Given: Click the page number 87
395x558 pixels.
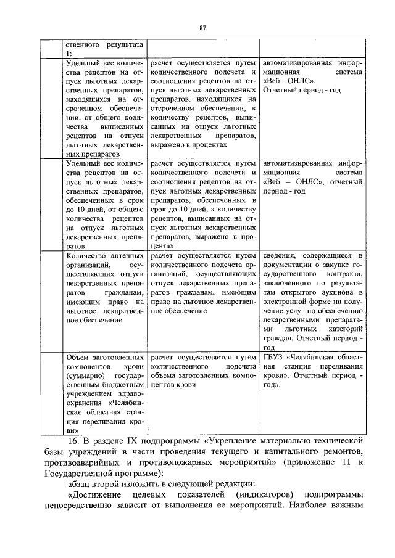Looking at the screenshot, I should [202, 27].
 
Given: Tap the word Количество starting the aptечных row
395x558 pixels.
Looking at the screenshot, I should [85, 255].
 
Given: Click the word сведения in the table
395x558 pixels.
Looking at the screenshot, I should [280, 255].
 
